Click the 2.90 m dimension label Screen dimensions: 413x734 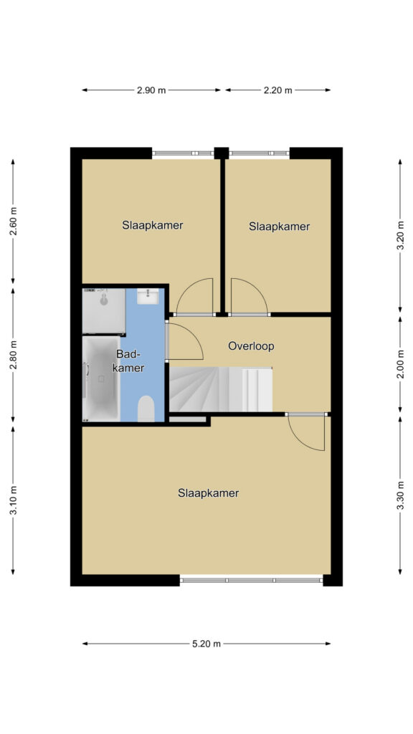point(151,90)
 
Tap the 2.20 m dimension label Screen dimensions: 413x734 point(277,90)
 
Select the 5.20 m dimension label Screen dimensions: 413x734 point(206,644)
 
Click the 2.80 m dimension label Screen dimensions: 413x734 point(13,355)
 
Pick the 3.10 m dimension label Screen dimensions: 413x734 point(13,500)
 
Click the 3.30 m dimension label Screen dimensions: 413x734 point(400,495)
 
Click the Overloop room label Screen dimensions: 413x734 point(251,346)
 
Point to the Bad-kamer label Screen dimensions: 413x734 point(129,361)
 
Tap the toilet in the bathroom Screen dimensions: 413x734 point(146,409)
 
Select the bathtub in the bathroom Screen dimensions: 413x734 point(101,378)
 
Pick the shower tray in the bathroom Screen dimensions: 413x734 point(104,311)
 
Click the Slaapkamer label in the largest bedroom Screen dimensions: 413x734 point(209,493)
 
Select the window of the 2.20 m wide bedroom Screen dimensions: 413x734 point(259,153)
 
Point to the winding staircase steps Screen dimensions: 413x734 point(199,389)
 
